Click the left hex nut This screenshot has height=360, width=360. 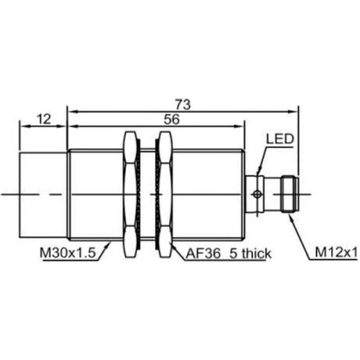tap(130, 192)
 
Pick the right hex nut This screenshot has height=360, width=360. tap(163, 192)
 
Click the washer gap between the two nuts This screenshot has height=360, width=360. tap(147, 192)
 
